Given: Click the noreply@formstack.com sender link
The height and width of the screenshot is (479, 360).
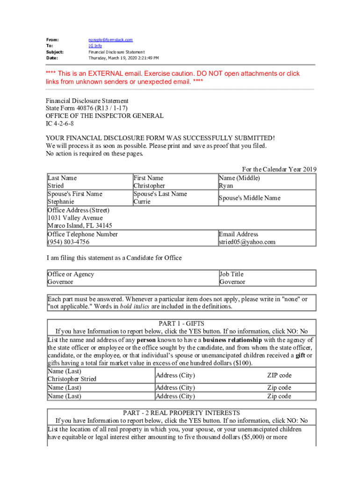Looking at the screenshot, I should tap(111, 40).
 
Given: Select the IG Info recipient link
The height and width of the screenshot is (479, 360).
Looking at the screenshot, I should tap(95, 46).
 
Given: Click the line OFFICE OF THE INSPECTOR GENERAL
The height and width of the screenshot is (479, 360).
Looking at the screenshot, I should tap(104, 116).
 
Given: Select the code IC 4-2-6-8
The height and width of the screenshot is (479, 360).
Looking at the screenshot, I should tap(59, 123).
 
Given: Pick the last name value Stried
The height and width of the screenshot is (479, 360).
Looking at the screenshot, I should tap(56, 186).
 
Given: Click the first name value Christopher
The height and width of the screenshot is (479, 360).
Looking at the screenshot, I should tap(149, 186).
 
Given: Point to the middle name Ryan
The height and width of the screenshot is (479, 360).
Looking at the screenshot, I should tap(226, 186).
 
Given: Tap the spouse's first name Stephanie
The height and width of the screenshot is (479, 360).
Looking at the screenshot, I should tap(61, 202).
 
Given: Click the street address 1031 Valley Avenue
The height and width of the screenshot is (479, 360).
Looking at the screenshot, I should tap(75, 218).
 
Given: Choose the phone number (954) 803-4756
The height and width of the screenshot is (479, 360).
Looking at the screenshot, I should tap(68, 242).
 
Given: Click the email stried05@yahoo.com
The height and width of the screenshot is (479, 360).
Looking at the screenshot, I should tap(247, 242).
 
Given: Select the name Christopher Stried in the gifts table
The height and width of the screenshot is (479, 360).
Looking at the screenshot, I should tap(72, 379).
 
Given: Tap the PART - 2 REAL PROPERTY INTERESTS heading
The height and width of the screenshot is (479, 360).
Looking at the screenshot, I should tap(181, 413).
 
